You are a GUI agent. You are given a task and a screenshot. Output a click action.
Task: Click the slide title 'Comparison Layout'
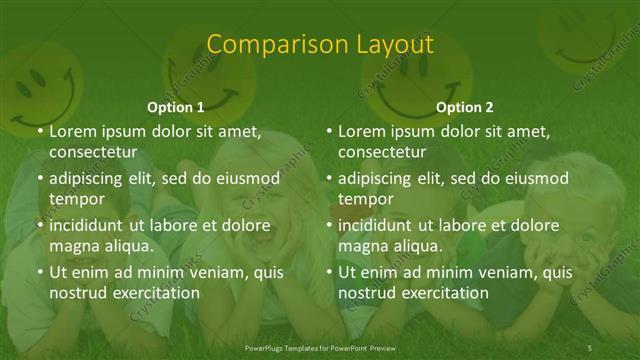pyautogui.click(x=320, y=44)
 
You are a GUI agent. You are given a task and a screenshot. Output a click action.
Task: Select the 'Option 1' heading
pyautogui.click(x=176, y=107)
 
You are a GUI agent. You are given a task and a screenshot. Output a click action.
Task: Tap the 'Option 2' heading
pyautogui.click(x=465, y=107)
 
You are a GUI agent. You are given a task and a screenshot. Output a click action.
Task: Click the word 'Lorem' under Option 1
pyautogui.click(x=73, y=131)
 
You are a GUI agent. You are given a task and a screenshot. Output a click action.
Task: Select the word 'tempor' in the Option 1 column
pyautogui.click(x=76, y=198)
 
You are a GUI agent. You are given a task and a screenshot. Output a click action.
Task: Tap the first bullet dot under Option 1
pyautogui.click(x=39, y=132)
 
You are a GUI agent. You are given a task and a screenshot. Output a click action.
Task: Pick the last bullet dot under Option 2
pyautogui.click(x=328, y=272)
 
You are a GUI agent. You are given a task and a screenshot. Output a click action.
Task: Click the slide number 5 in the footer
pyautogui.click(x=590, y=347)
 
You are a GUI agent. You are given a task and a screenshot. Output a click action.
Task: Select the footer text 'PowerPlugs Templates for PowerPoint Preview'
pyautogui.click(x=320, y=347)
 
